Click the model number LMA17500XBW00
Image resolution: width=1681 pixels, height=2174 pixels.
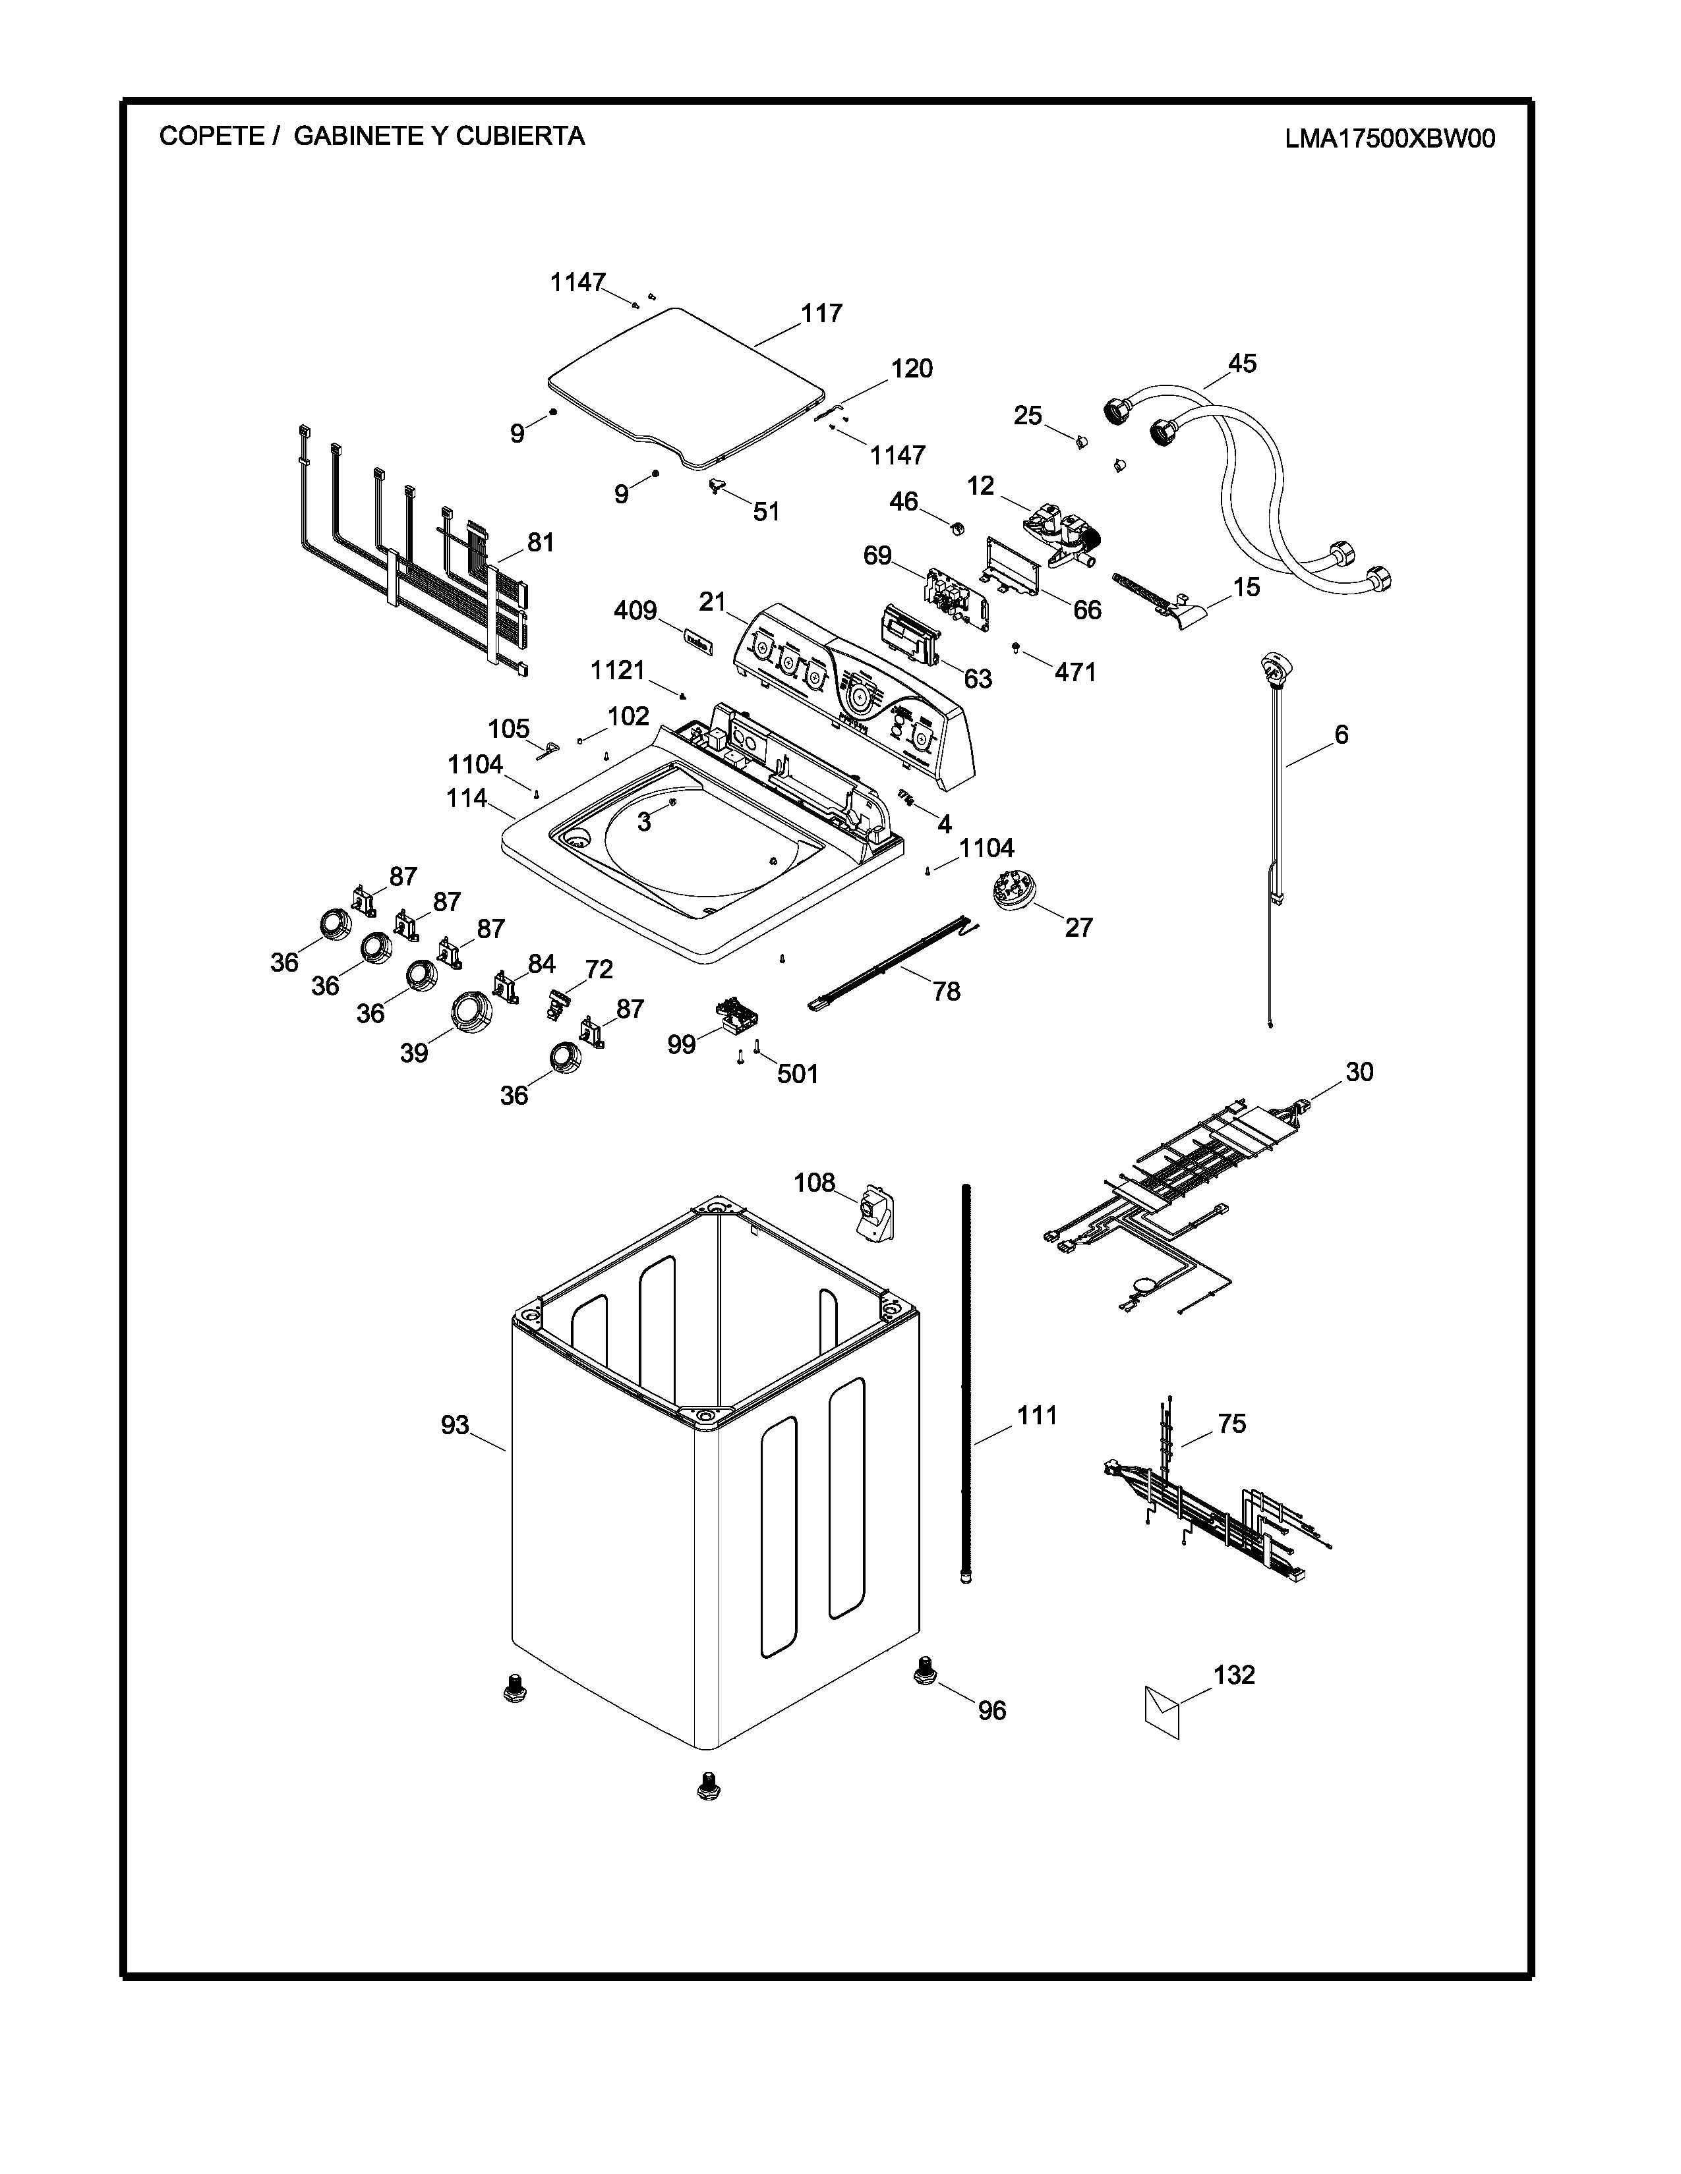1389,138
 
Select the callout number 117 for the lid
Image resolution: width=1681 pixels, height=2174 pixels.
821,314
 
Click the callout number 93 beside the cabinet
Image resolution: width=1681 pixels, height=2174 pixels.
455,1426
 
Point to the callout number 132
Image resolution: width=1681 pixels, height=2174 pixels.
1234,1674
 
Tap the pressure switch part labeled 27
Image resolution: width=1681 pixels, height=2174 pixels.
1012,889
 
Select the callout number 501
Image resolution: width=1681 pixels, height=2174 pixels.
798,1073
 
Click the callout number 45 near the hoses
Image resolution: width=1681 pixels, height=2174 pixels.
1242,364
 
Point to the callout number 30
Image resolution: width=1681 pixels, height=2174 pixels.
1359,1071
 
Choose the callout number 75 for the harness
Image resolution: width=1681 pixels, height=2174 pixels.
1232,1424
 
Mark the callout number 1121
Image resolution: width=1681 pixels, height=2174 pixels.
618,671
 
